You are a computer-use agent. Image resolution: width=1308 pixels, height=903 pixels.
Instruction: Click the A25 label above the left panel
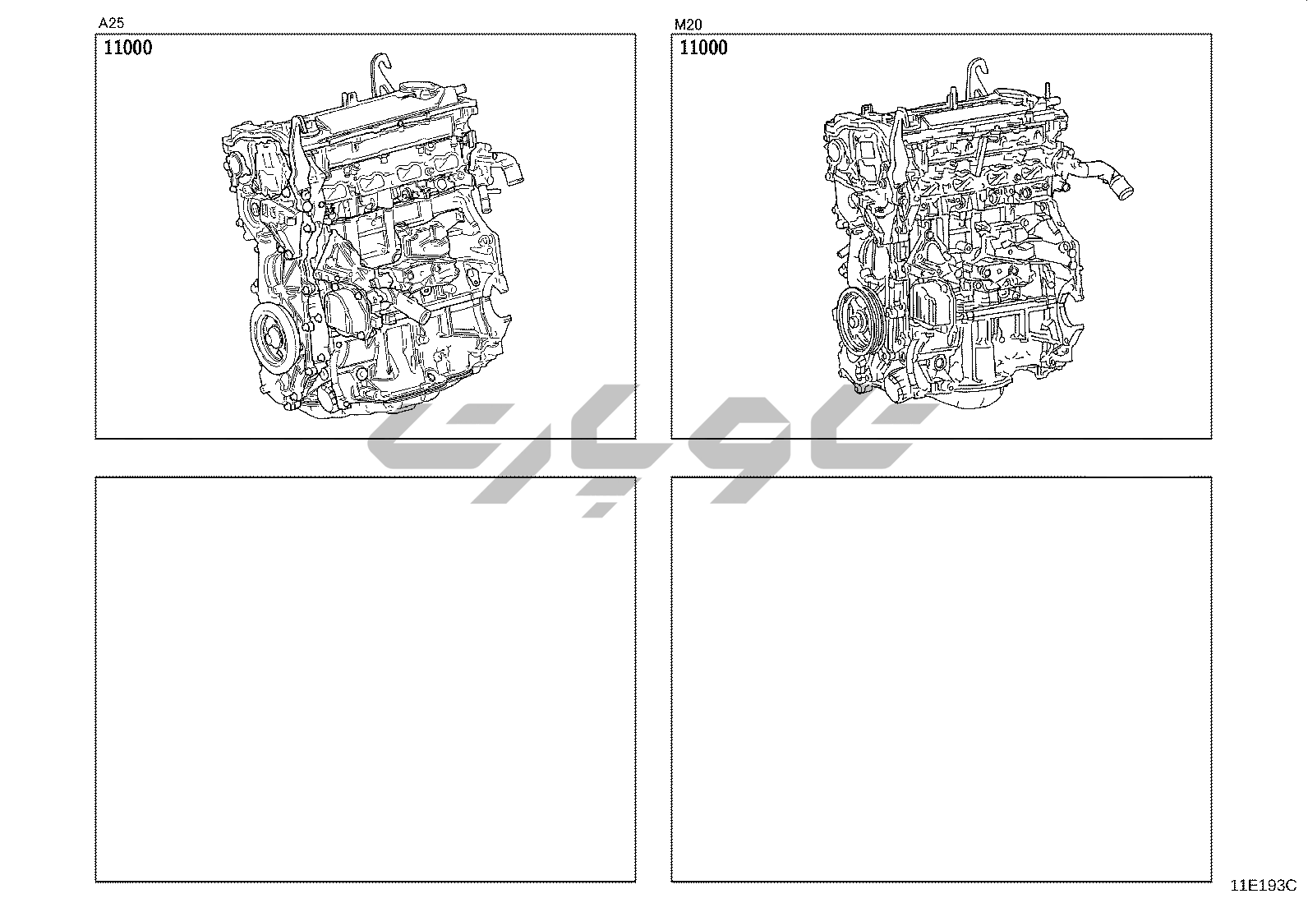pyautogui.click(x=111, y=23)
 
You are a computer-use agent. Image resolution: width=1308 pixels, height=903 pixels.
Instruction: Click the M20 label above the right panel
pyautogui.click(x=688, y=25)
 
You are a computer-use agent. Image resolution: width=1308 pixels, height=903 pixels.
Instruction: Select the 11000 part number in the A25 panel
pyautogui.click(x=128, y=48)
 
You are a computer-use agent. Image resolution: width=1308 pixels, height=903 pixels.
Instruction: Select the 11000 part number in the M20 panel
pyautogui.click(x=703, y=48)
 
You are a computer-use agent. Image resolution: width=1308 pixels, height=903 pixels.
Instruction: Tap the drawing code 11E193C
pyautogui.click(x=1264, y=886)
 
